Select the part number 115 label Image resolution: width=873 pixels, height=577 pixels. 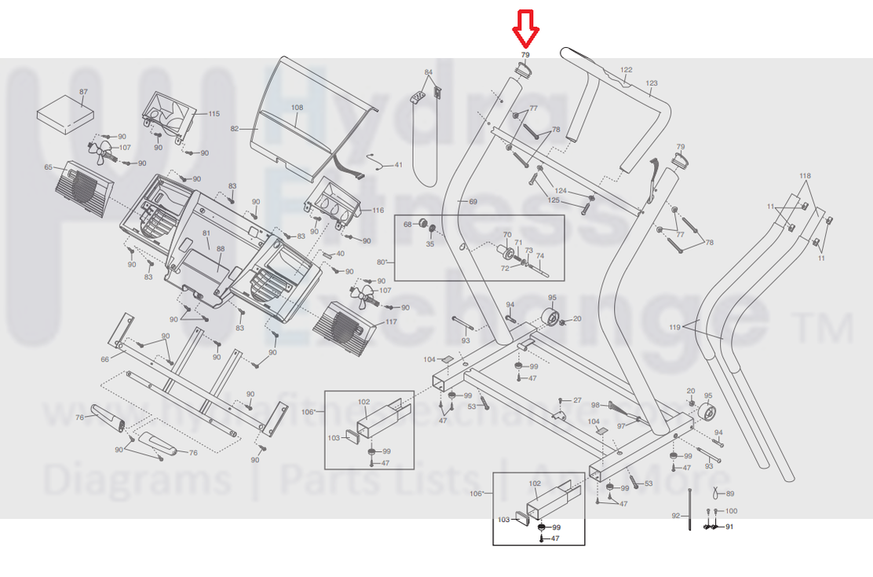point(213,114)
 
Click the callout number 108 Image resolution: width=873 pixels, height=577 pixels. point(297,108)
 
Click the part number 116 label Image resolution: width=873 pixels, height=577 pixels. point(378,210)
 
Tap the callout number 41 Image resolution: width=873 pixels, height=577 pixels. point(398,165)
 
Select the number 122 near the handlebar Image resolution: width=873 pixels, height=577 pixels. point(626,71)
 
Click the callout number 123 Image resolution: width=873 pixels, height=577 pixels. point(651,83)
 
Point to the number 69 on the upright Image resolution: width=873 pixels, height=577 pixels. point(473,203)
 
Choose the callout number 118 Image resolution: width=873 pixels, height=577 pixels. point(805,175)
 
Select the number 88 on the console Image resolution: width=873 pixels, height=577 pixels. point(221,249)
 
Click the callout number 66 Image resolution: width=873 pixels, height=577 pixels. point(105,359)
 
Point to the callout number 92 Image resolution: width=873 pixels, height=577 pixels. point(675,516)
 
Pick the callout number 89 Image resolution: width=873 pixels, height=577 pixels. point(730,494)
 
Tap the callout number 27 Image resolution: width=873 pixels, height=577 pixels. point(577,401)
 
